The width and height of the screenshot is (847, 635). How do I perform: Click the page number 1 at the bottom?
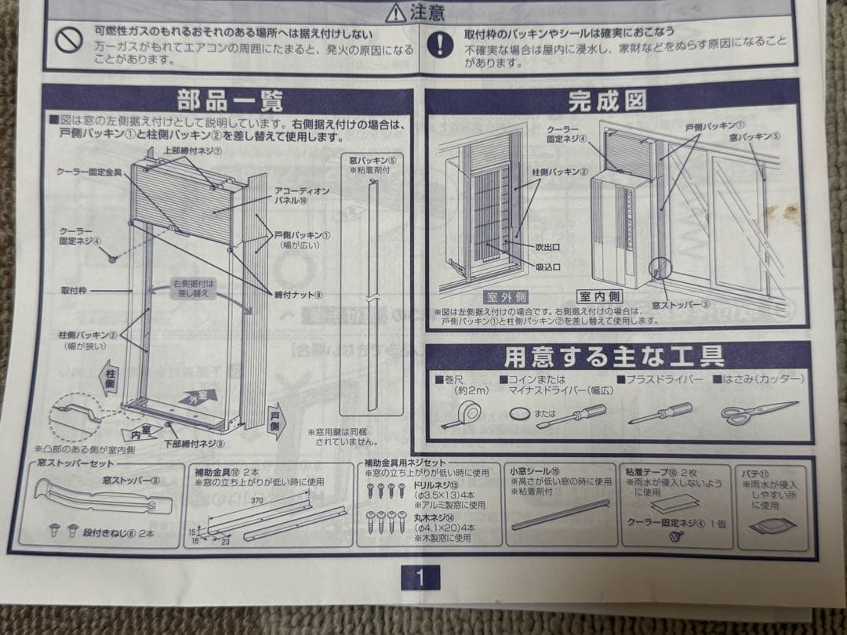tap(420, 579)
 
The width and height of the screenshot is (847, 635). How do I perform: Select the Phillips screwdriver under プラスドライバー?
tap(660, 413)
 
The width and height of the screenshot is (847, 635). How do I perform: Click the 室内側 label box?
tap(600, 296)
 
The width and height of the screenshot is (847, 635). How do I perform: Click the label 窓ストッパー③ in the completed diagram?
tap(682, 306)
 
